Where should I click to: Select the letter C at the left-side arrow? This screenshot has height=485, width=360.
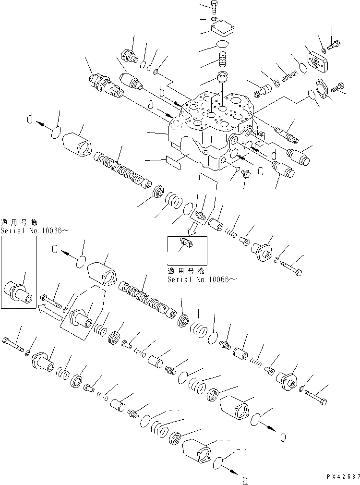click(56, 250)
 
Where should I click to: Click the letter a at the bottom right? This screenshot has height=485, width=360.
click(245, 480)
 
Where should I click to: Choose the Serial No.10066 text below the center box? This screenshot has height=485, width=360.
click(202, 279)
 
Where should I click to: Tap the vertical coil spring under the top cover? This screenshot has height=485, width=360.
click(222, 61)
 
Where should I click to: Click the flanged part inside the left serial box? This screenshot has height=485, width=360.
click(18, 291)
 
